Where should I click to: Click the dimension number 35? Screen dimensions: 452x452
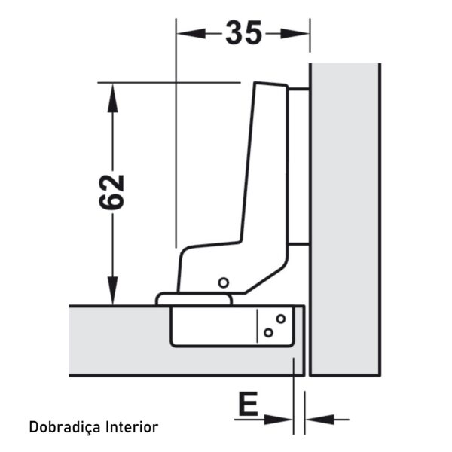click(x=244, y=33)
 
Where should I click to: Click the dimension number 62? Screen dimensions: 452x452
click(x=111, y=192)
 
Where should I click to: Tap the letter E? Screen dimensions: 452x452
click(x=248, y=404)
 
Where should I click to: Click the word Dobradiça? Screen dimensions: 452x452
click(x=65, y=427)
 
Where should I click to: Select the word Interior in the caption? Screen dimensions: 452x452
click(x=132, y=427)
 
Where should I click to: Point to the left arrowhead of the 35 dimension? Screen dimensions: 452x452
click(x=191, y=34)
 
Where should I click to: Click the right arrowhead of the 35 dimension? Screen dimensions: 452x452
click(x=295, y=34)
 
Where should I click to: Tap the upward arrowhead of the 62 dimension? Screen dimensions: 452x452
click(x=112, y=97)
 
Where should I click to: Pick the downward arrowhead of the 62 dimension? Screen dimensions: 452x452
click(x=112, y=291)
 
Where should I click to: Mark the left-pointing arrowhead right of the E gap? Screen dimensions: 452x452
click(x=319, y=420)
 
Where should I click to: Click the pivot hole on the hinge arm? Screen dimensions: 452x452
click(x=224, y=282)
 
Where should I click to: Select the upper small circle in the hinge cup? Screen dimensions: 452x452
click(x=281, y=319)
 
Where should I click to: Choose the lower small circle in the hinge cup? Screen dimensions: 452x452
click(x=268, y=333)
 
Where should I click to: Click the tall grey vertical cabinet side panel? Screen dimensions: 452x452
click(x=345, y=219)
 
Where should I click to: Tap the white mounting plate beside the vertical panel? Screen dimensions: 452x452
click(x=298, y=166)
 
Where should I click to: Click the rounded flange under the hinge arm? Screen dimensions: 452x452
click(x=194, y=299)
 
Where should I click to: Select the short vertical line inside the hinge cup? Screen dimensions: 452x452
click(x=258, y=326)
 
